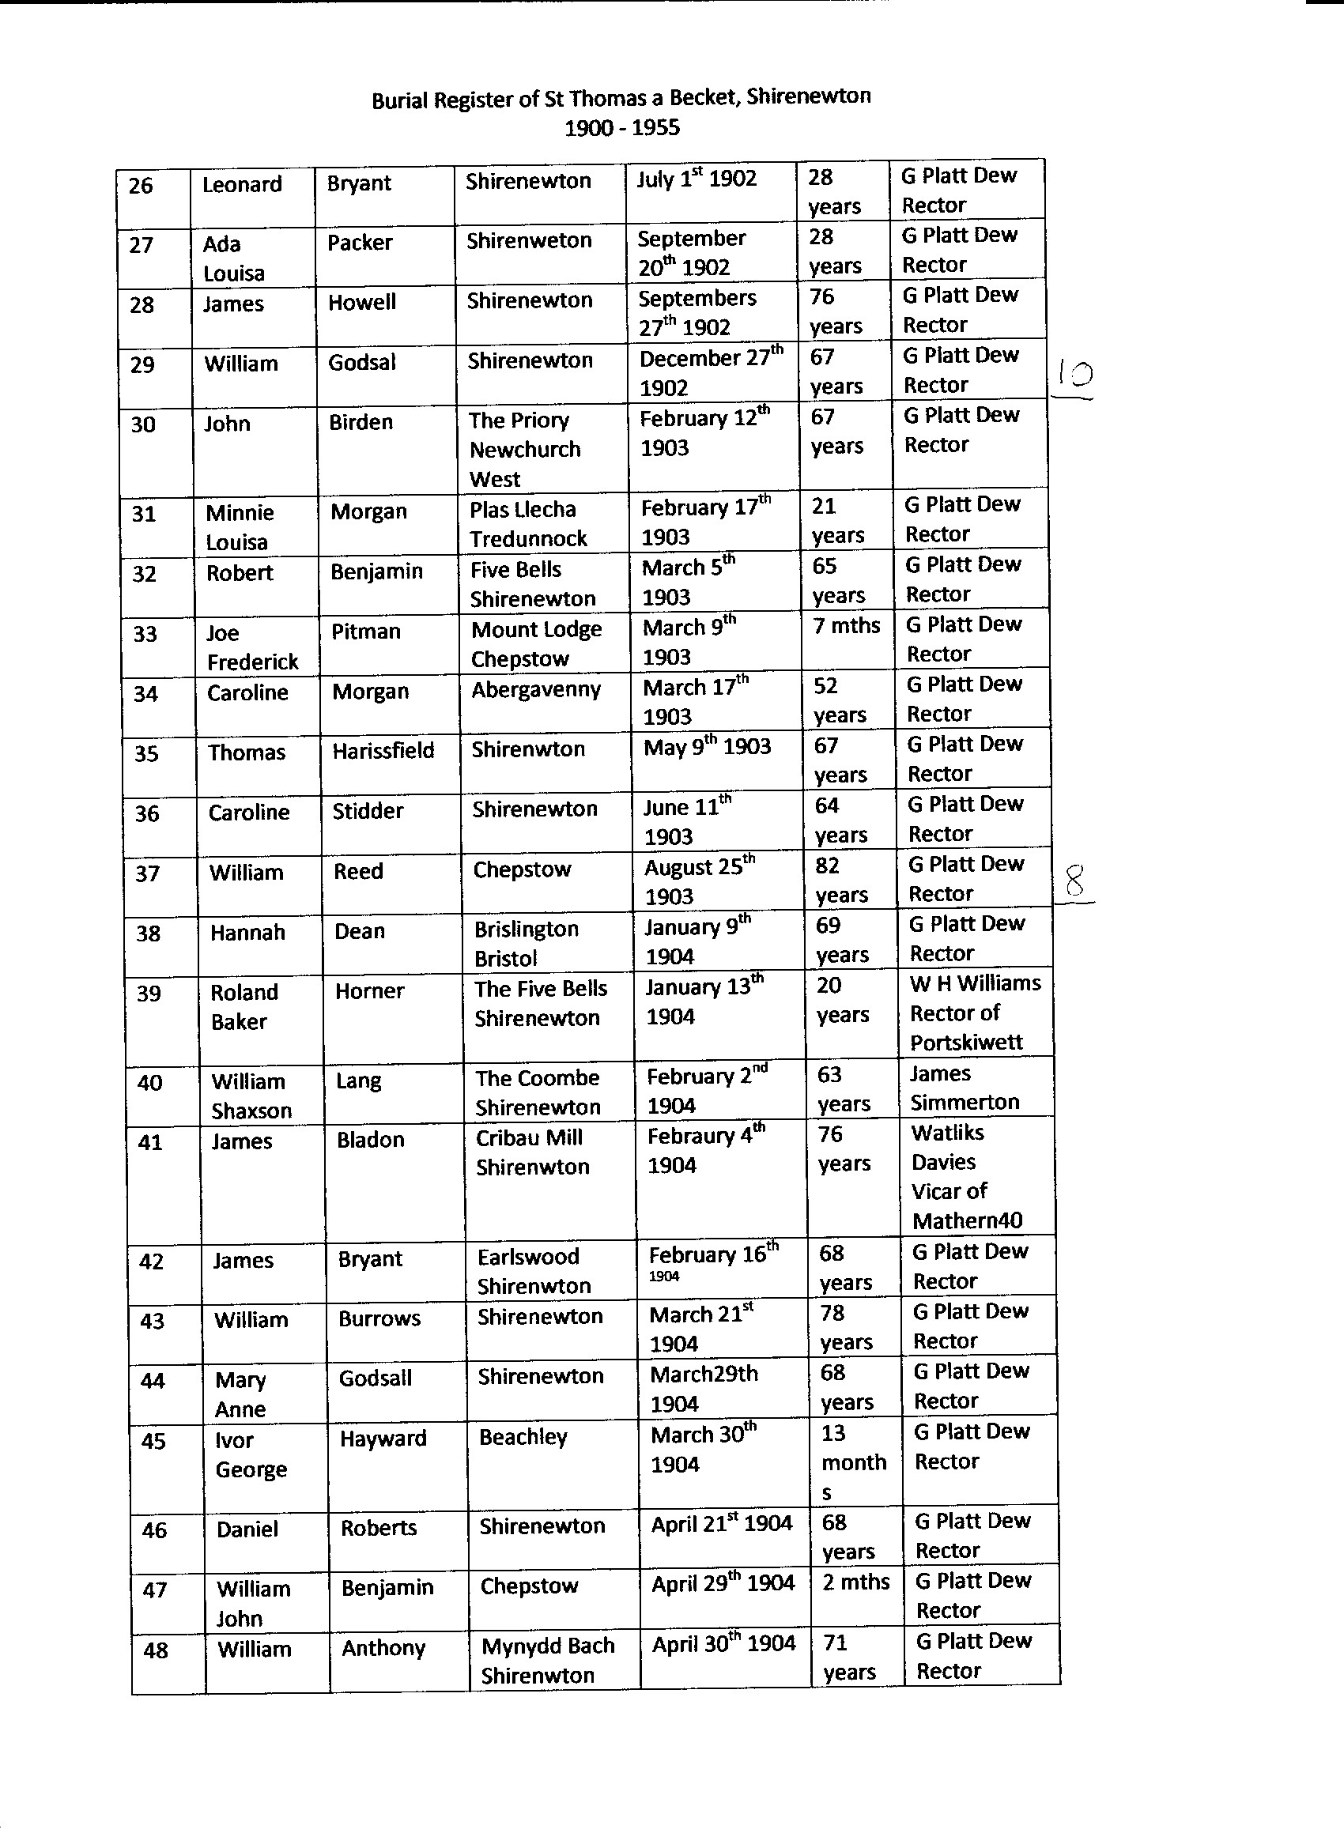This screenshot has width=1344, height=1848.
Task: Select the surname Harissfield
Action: click(x=383, y=750)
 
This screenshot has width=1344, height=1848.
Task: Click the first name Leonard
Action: click(x=242, y=184)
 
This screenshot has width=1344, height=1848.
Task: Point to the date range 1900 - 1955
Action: click(x=622, y=127)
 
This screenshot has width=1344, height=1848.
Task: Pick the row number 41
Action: click(x=150, y=1142)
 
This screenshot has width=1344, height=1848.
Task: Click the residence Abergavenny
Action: click(x=535, y=689)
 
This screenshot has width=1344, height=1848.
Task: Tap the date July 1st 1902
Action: click(x=697, y=179)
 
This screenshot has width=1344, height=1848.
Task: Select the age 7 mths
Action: click(x=847, y=626)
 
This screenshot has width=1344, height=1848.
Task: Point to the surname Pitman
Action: click(x=366, y=632)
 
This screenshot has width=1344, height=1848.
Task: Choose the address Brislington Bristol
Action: click(x=527, y=944)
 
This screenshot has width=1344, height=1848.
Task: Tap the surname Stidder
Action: click(x=368, y=811)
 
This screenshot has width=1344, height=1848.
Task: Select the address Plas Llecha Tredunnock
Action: click(x=528, y=524)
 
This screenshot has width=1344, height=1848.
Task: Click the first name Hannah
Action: click(x=247, y=932)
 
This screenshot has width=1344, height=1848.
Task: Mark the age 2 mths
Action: click(x=855, y=1582)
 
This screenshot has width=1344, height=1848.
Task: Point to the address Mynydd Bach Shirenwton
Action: click(x=548, y=1660)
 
